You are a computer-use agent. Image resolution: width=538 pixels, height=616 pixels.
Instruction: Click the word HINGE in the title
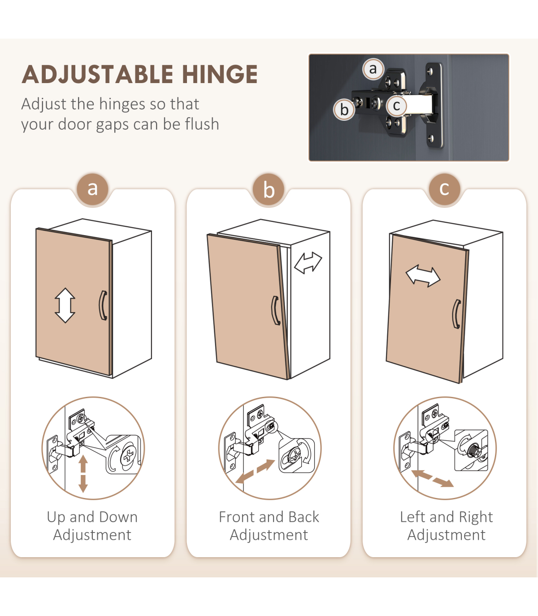pyautogui.click(x=220, y=74)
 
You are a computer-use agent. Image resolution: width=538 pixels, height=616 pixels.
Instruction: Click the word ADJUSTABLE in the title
pyautogui.click(x=98, y=74)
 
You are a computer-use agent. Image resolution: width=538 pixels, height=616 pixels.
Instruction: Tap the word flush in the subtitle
pyautogui.click(x=202, y=124)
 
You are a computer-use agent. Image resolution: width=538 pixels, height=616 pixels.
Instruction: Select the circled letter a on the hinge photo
pyautogui.click(x=373, y=69)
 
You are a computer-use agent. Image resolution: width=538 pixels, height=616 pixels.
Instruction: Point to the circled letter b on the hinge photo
pyautogui.click(x=344, y=110)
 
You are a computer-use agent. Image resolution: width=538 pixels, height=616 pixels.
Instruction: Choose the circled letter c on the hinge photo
pyautogui.click(x=396, y=106)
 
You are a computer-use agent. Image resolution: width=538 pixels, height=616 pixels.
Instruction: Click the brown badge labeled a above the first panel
pyautogui.click(x=92, y=189)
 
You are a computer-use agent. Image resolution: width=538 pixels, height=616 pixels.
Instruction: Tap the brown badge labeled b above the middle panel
pyautogui.click(x=269, y=189)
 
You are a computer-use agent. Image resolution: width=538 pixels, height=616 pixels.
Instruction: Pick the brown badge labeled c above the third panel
pyautogui.click(x=445, y=189)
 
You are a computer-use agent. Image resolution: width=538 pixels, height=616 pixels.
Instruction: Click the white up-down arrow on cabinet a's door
pyautogui.click(x=65, y=305)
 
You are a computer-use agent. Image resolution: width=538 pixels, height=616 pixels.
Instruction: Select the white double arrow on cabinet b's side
pyautogui.click(x=308, y=263)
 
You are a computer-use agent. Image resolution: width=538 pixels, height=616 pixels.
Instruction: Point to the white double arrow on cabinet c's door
pyautogui.click(x=423, y=276)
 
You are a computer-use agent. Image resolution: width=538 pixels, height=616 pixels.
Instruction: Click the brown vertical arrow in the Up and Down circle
pyautogui.click(x=83, y=474)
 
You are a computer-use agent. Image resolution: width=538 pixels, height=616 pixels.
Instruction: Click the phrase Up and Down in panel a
pyautogui.click(x=92, y=517)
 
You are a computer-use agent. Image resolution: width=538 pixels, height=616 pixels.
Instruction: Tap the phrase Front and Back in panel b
pyautogui.click(x=269, y=517)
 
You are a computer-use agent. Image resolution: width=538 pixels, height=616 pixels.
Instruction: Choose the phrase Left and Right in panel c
pyautogui.click(x=447, y=517)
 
